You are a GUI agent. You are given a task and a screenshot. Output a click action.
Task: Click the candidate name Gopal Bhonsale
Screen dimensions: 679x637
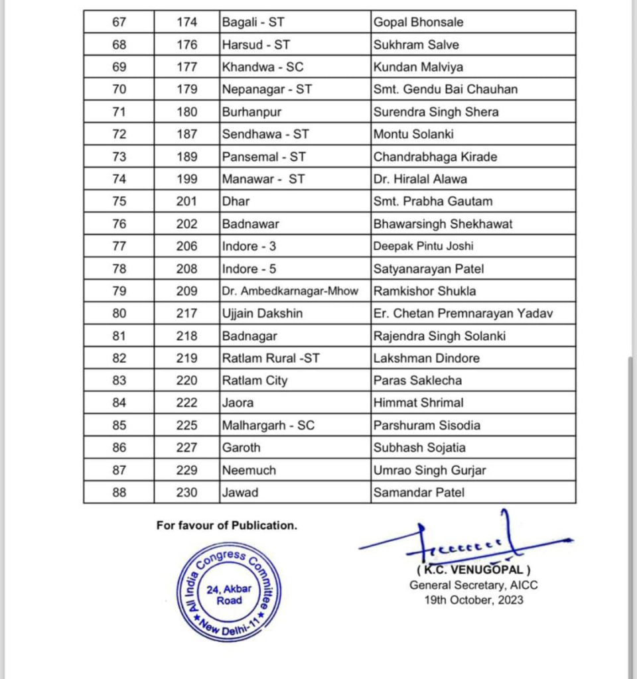(418, 23)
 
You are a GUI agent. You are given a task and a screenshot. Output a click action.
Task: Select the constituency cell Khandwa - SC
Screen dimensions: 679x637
(263, 67)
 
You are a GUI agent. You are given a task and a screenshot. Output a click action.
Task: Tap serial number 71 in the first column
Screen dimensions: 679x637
(119, 112)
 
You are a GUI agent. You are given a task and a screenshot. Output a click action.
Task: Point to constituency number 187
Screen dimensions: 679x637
(187, 135)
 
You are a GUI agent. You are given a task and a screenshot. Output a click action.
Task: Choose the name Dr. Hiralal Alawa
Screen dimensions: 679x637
(420, 179)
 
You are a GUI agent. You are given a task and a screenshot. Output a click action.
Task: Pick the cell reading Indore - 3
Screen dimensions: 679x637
(249, 246)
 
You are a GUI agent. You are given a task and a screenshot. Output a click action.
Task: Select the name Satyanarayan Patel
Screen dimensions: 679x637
(428, 269)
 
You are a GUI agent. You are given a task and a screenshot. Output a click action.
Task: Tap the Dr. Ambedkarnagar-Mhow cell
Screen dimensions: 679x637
(295, 291)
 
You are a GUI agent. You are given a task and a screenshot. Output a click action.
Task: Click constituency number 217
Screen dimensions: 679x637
(187, 314)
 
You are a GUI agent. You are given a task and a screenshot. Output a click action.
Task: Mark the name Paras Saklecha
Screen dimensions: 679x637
(417, 381)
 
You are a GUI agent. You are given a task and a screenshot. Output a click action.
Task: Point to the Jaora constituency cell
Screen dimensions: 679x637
(238, 402)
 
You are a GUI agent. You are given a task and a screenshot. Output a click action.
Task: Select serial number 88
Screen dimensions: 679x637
(119, 493)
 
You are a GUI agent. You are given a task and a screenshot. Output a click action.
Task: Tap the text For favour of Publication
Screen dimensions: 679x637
(227, 525)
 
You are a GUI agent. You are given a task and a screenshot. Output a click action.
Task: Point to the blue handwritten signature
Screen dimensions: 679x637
(464, 540)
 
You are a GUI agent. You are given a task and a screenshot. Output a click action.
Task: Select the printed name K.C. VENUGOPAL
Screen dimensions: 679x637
(474, 570)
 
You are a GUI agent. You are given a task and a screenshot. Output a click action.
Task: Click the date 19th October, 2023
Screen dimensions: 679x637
(474, 600)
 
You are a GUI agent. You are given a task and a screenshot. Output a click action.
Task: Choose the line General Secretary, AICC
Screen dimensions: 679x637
(474, 585)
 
